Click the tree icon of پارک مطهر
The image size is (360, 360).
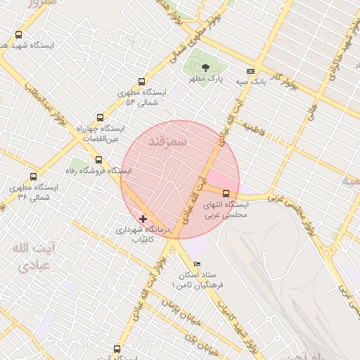(205, 68)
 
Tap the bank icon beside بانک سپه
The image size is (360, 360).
(250, 71)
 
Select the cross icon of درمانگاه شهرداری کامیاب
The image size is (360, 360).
(143, 219)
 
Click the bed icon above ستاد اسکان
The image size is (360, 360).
(197, 264)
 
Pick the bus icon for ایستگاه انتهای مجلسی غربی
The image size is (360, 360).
(226, 193)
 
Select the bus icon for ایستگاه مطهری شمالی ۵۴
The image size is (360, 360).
(142, 82)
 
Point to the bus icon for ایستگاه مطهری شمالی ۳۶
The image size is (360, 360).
(33, 177)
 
